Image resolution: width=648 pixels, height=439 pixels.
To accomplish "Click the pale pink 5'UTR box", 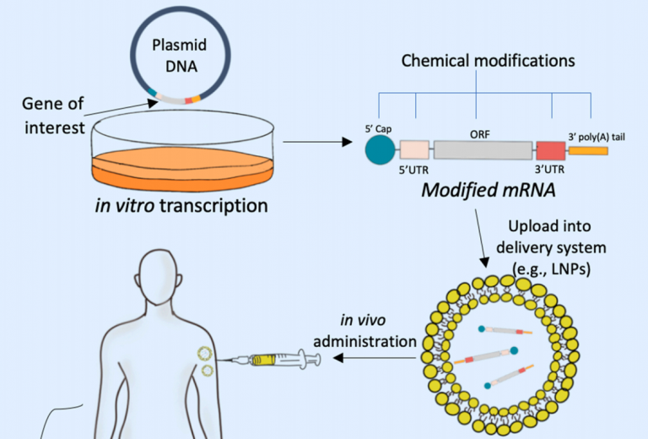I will pos(414,150).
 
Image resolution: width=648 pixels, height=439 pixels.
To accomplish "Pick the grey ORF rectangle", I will pos(483,150).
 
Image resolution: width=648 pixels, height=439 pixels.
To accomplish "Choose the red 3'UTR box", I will pos(549,151).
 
